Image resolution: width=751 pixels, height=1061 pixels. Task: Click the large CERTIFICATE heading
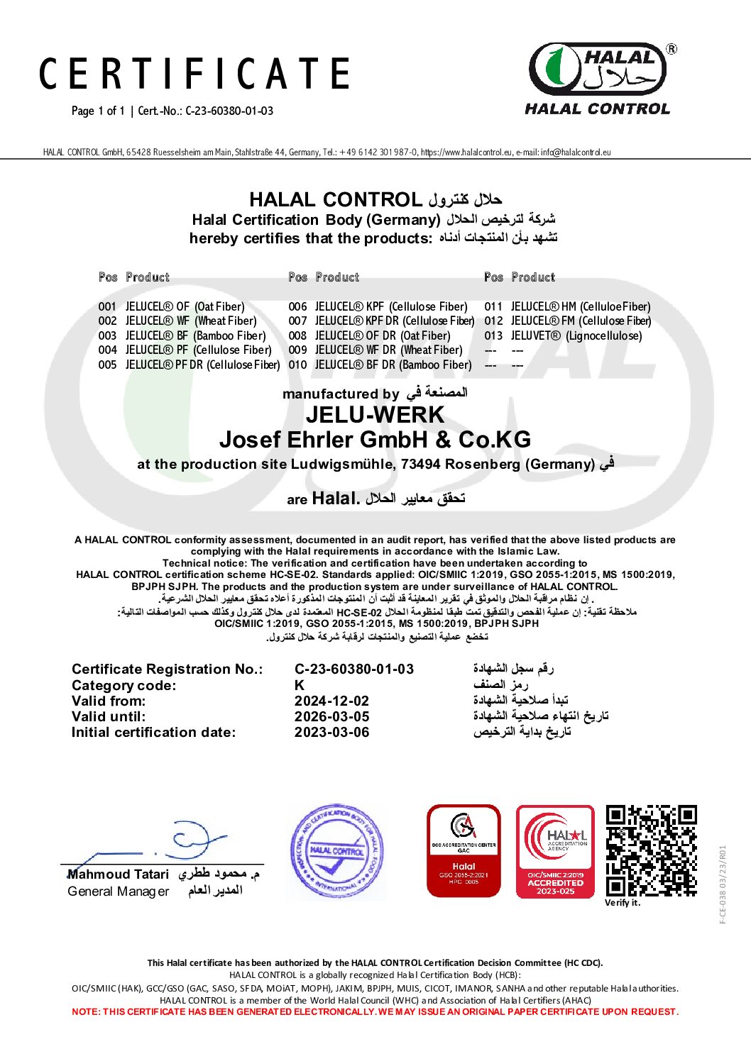coord(194,74)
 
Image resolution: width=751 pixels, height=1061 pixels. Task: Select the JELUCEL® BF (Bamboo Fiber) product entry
coord(195,335)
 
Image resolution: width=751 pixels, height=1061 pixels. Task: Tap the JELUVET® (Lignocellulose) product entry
coord(576,335)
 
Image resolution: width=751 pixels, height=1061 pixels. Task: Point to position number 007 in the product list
coord(297,321)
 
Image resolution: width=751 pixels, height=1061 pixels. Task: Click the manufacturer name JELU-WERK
coord(375,415)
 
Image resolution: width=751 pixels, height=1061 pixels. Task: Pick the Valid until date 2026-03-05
coord(331,716)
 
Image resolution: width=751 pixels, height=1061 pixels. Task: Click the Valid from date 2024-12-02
coord(331,701)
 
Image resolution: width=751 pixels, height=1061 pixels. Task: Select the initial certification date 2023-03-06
coord(331,732)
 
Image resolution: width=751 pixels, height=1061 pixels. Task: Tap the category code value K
coord(299,685)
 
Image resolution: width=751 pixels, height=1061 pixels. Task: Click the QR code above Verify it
coord(651,850)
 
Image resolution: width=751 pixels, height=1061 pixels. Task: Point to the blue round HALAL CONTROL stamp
coord(336,851)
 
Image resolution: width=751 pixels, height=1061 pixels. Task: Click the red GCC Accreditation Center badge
coord(464,850)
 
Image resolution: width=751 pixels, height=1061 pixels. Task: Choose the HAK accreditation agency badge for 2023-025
coord(555,851)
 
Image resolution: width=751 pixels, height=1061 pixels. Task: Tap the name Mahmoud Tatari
coord(118,874)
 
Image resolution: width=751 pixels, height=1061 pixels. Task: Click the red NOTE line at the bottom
coord(375,1012)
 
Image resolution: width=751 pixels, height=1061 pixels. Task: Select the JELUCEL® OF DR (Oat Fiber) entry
coord(382,335)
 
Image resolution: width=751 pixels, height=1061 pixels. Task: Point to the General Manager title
coord(118,891)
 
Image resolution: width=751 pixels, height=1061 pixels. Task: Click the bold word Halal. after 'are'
coord(335,498)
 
